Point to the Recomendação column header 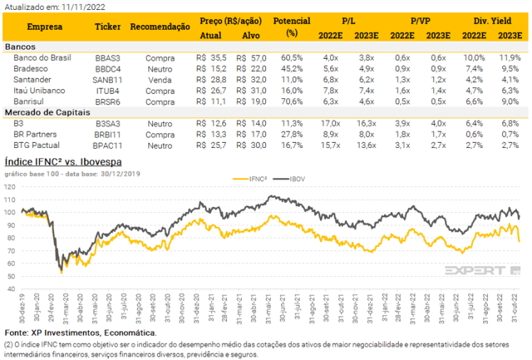pos(160,27)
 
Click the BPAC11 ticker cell pos(109,144)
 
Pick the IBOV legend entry pos(295,178)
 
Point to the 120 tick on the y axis pos(10,188)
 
